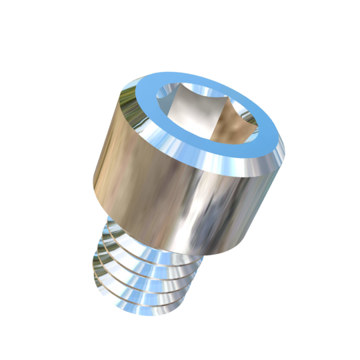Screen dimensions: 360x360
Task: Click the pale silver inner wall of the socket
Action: coord(183,107)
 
